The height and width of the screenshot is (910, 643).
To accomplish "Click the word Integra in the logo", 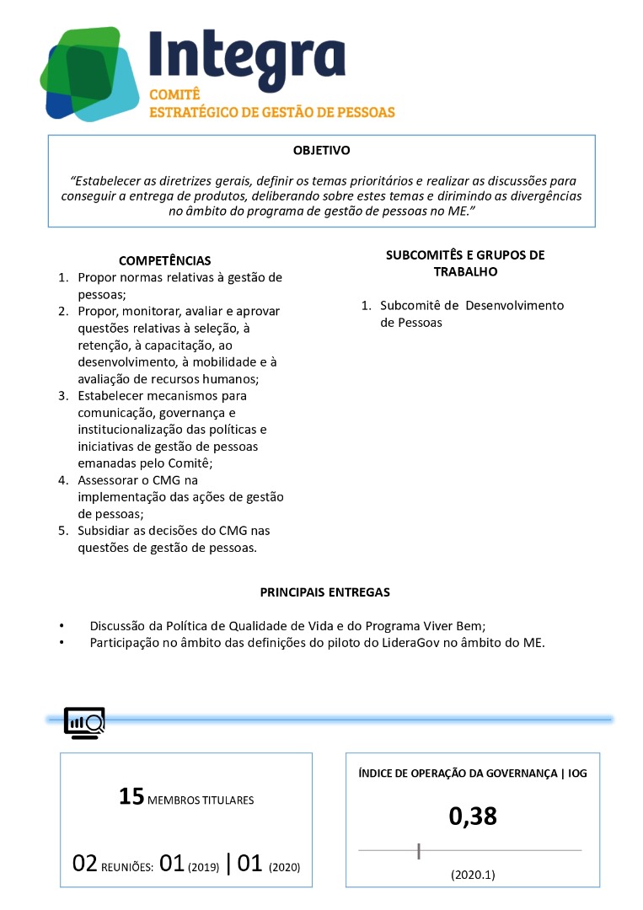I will [x=247, y=55].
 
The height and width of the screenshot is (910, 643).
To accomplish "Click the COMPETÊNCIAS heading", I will [x=164, y=260].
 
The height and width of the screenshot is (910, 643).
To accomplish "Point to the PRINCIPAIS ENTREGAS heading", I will [x=324, y=592].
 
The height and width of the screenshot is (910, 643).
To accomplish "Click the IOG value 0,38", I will [x=472, y=816].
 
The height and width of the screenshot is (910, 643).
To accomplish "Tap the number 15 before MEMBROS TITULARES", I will [x=132, y=797].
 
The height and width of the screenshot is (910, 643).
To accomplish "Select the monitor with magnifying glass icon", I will [x=84, y=723].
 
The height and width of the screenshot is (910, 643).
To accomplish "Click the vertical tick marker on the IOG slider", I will [x=419, y=851].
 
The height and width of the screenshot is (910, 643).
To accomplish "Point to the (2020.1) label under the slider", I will [x=472, y=875].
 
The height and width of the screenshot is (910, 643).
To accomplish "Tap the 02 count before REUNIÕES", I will [x=85, y=864].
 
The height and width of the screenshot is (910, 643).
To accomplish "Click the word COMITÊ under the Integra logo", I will [x=174, y=94].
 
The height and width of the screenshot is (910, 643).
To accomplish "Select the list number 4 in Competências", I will [x=62, y=480].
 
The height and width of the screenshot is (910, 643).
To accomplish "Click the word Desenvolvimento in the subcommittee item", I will [x=514, y=305].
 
